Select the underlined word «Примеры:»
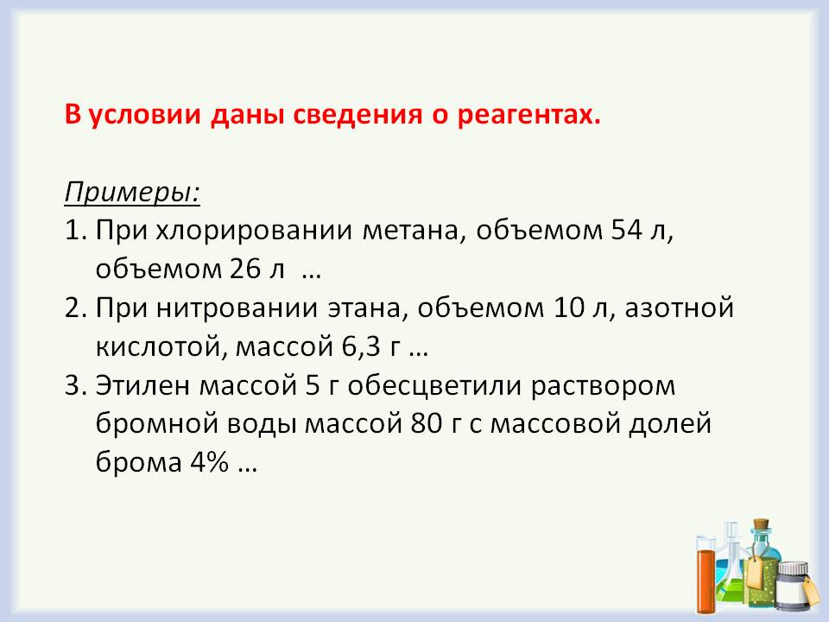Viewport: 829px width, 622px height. pos(132,191)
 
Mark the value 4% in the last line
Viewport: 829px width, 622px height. pos(206,464)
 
